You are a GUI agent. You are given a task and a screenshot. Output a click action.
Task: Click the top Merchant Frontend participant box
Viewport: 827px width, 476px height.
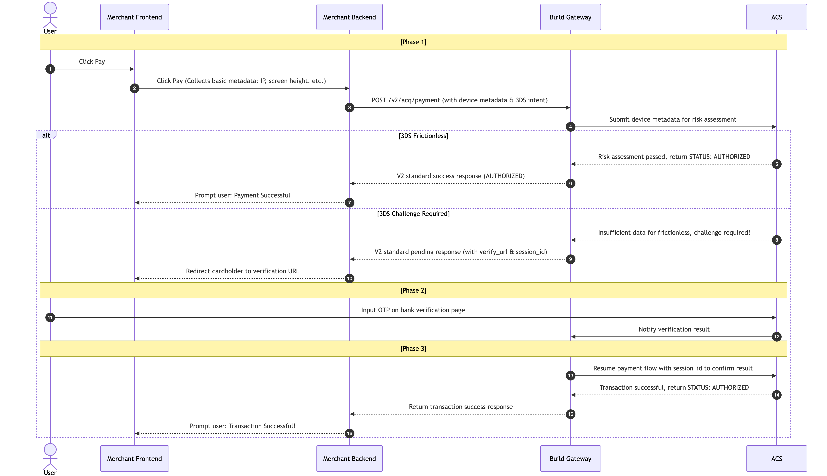[134, 17]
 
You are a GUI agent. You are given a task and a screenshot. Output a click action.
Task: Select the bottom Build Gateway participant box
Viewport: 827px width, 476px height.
[570, 458]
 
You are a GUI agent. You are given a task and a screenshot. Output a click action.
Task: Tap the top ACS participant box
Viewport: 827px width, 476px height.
[777, 17]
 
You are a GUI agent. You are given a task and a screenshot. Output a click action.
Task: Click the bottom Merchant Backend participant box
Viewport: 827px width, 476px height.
[350, 458]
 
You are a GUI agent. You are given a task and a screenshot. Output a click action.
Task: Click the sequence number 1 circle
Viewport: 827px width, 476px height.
[50, 69]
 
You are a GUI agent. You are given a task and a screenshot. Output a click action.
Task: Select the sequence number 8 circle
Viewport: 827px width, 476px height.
[777, 240]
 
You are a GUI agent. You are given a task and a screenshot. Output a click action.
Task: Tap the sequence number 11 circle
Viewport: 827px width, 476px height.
[50, 317]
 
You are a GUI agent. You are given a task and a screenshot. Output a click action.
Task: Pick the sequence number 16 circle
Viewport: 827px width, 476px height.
[350, 433]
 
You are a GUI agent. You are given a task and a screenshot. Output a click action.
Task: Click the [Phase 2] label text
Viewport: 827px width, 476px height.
[413, 290]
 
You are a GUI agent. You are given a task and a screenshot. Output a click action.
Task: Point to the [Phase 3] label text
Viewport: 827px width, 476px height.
[413, 349]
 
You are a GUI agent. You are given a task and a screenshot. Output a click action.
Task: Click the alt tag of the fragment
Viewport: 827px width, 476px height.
[46, 135]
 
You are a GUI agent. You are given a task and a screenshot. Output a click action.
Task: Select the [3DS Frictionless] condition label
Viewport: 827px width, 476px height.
[424, 136]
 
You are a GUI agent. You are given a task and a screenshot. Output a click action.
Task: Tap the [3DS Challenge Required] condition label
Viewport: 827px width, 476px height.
[413, 214]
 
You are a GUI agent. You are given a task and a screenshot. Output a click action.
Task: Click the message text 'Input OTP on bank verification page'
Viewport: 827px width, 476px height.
[413, 310]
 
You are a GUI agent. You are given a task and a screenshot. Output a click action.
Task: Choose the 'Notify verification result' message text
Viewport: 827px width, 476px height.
[674, 329]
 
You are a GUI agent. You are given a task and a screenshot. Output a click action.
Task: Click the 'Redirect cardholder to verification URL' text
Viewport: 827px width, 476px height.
[243, 271]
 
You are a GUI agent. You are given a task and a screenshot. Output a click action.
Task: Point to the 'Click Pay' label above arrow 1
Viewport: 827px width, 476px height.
[92, 61]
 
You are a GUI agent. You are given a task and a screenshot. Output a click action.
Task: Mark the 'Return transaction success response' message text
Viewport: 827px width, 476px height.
[461, 407]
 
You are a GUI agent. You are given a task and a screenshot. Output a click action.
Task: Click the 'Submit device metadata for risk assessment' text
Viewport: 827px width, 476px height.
[673, 119]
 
